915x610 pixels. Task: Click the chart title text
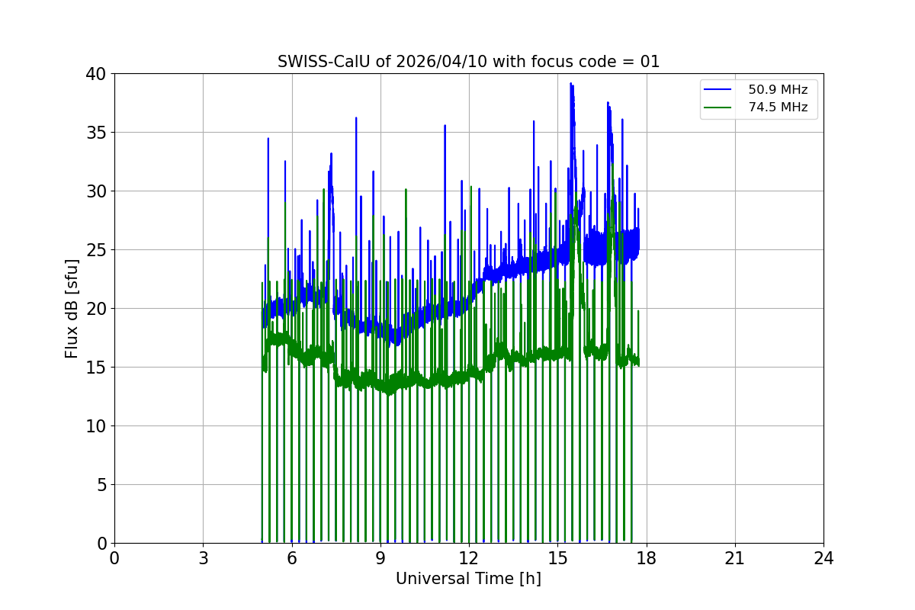click(468, 62)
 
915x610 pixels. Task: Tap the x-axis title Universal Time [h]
click(468, 579)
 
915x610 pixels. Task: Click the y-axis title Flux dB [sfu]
click(72, 308)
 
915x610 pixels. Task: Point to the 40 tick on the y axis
click(97, 74)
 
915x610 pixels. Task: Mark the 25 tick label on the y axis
click(97, 250)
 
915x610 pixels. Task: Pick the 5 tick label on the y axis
click(101, 485)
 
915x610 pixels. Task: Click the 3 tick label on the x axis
click(203, 558)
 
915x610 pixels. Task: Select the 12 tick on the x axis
click(469, 558)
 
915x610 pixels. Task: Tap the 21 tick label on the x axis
click(735, 558)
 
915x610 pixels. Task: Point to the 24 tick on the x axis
click(823, 558)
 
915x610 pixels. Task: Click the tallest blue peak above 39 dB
click(570, 83)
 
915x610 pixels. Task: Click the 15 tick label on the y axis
click(97, 368)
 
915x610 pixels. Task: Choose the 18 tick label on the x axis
click(647, 558)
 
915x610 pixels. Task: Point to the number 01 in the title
click(650, 62)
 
